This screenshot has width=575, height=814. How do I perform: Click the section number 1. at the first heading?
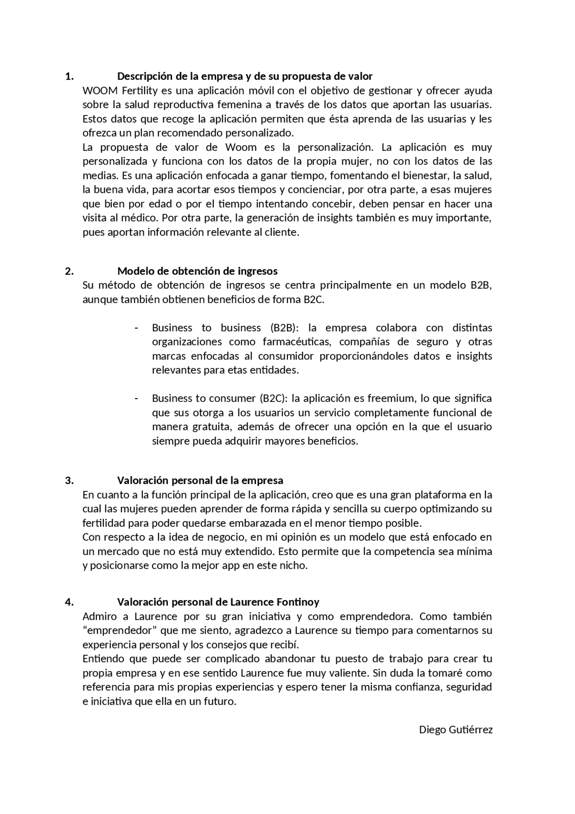coord(69,76)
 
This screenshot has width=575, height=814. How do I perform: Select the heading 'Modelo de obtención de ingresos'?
coord(197,271)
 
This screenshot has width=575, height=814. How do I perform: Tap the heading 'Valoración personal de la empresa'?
coord(200,480)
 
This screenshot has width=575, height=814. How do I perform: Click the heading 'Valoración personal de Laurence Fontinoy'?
coord(218,602)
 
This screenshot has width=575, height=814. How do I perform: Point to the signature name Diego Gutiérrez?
coord(456,729)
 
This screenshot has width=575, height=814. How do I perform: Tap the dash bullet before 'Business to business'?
coord(136,328)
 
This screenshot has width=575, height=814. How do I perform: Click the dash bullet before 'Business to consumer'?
coord(136,398)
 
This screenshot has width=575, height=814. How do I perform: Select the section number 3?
coord(69,480)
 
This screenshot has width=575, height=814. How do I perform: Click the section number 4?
coord(69,602)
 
